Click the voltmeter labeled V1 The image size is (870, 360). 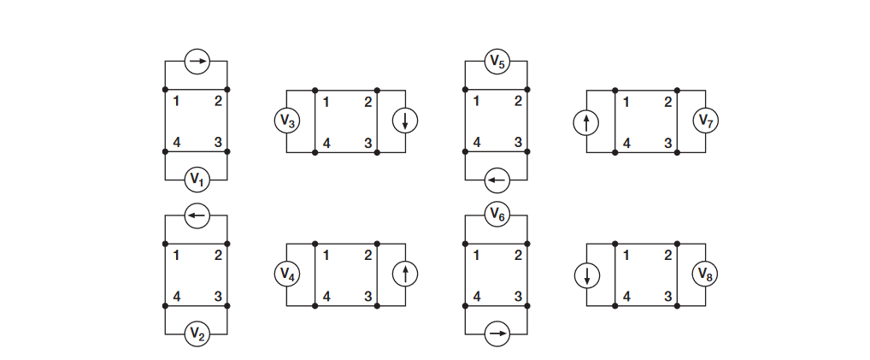point(197,180)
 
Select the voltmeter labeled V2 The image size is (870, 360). point(197,333)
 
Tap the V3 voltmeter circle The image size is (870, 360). point(287,121)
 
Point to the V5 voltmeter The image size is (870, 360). point(497,62)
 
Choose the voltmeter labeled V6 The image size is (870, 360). point(497,215)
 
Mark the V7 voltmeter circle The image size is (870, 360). point(705,121)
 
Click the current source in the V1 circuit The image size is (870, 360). point(197,62)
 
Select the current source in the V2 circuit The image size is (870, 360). point(197,215)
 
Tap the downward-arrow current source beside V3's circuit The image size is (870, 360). point(405,121)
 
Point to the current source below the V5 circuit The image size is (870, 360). point(497,180)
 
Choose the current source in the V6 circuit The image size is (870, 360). point(497,333)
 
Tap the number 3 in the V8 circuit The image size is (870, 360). point(668,297)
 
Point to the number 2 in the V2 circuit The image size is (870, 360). point(218,255)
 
